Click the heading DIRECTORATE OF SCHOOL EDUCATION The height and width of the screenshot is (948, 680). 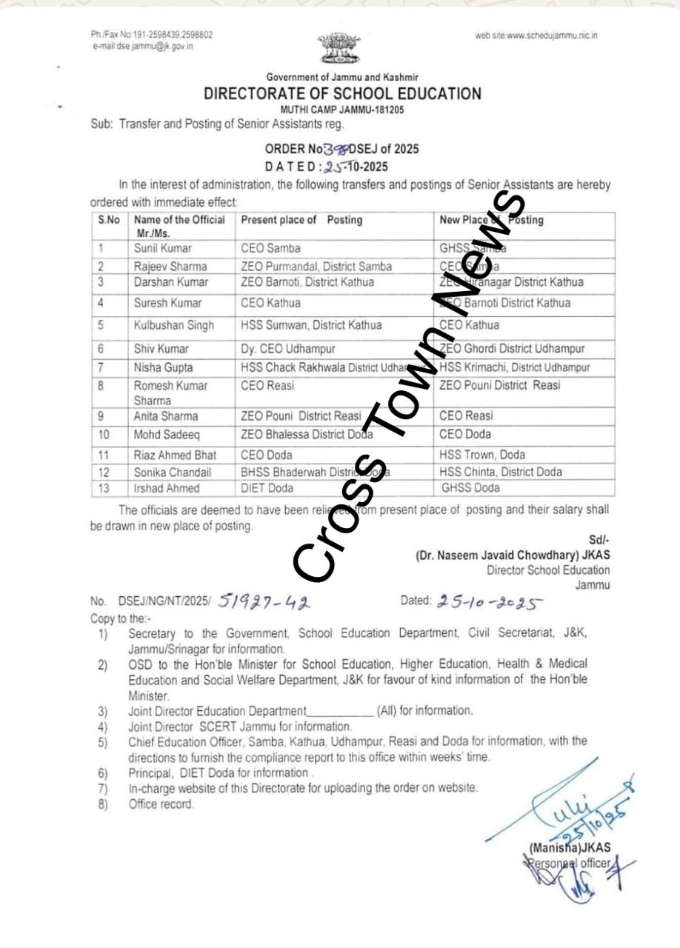coord(342,94)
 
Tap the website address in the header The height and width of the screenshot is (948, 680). coord(537,36)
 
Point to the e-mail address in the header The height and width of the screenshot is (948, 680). coord(143,46)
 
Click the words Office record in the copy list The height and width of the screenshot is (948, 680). coord(161,804)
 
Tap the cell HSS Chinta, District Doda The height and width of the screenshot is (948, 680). coord(501,471)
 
